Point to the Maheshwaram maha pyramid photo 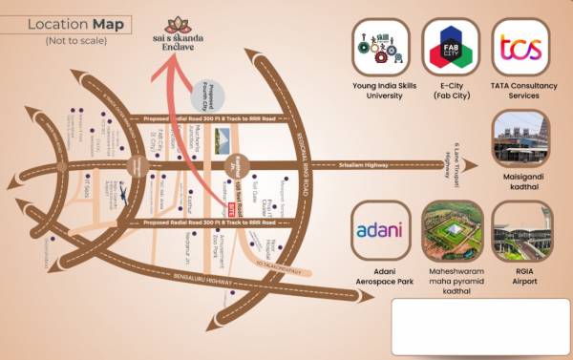tap(451, 231)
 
